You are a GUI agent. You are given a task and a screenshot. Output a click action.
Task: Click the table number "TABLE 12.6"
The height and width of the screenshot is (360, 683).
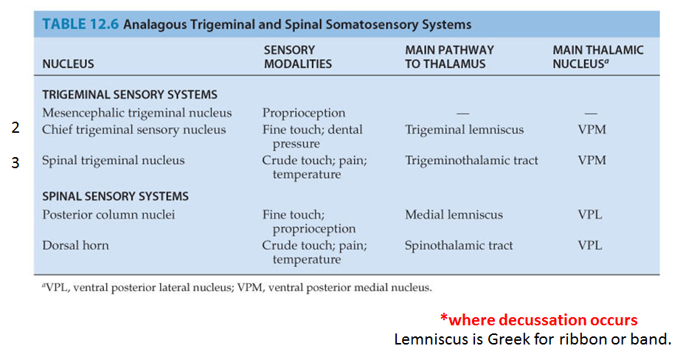(80, 24)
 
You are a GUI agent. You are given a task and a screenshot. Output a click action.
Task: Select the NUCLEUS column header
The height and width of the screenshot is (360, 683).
(68, 64)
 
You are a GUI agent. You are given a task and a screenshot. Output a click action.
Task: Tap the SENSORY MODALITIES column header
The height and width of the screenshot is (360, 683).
(297, 57)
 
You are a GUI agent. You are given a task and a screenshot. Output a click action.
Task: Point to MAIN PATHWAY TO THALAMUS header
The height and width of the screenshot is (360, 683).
(449, 57)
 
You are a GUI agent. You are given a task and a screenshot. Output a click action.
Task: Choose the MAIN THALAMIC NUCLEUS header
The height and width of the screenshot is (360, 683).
(597, 57)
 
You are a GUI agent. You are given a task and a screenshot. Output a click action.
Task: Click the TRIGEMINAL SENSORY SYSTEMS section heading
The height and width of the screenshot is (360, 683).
(130, 95)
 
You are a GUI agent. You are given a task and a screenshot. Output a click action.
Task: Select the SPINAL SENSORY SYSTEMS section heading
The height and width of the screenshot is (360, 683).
(115, 197)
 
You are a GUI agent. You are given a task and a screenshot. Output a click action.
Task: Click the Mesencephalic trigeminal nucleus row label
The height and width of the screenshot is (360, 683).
(136, 113)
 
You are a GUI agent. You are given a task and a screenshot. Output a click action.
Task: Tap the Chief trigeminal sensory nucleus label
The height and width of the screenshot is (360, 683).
(134, 130)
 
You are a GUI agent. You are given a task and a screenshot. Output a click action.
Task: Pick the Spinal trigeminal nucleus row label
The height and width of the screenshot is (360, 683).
(113, 160)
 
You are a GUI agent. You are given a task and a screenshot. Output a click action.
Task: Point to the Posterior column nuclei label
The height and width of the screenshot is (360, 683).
(108, 215)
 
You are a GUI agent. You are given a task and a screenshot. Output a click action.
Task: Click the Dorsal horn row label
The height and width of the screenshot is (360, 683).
(75, 246)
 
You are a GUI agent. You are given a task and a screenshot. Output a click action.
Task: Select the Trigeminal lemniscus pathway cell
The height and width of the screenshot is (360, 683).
(464, 130)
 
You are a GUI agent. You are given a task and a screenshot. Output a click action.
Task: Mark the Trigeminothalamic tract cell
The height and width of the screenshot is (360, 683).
(471, 160)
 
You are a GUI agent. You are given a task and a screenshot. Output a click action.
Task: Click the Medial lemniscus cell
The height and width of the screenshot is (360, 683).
(454, 215)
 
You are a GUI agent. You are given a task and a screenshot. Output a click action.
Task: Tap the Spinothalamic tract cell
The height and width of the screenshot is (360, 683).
(459, 246)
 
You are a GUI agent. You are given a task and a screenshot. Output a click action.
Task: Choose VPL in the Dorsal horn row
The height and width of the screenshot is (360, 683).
(589, 246)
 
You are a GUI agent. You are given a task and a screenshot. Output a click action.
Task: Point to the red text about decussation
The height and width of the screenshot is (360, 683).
(538, 320)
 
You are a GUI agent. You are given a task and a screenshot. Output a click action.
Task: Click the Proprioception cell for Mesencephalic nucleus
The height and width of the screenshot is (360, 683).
(303, 113)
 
